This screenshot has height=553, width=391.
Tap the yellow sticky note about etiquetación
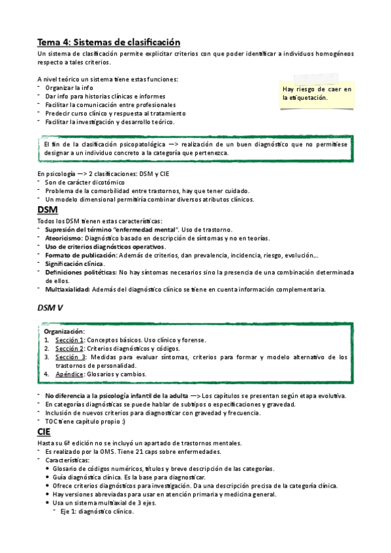(x=317, y=93)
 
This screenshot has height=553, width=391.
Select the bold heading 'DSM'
(x=47, y=209)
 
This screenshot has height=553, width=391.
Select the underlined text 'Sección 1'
(x=69, y=340)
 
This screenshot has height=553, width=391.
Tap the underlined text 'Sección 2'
(x=69, y=348)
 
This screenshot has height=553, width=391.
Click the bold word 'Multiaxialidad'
(x=68, y=289)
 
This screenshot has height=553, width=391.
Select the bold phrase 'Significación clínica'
(x=75, y=263)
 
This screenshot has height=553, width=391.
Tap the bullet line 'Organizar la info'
(x=69, y=87)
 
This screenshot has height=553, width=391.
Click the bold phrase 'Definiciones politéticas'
(x=80, y=272)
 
